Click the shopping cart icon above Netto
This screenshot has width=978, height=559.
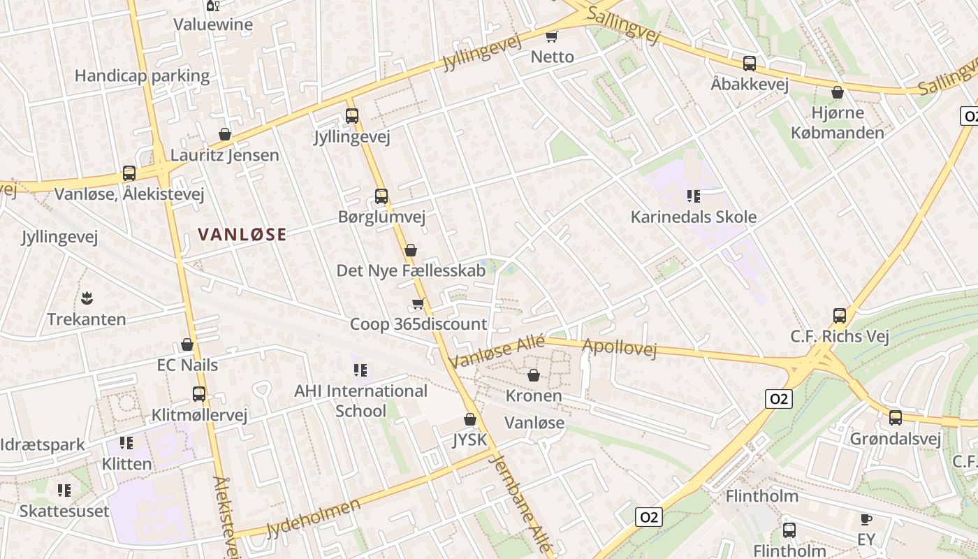pyautogui.click(x=552, y=36)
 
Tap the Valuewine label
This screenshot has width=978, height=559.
pyautogui.click(x=213, y=24)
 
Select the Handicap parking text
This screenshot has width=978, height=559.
pyautogui.click(x=142, y=75)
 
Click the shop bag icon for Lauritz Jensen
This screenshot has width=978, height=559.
pyautogui.click(x=225, y=134)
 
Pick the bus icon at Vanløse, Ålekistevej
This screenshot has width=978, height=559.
pyautogui.click(x=129, y=173)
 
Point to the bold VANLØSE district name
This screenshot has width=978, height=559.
pyautogui.click(x=242, y=235)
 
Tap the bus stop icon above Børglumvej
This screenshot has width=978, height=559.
pyautogui.click(x=381, y=196)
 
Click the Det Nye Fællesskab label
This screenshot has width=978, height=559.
pyautogui.click(x=411, y=270)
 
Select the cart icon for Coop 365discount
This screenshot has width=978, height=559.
pyautogui.click(x=418, y=304)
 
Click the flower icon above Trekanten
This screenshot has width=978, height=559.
pyautogui.click(x=87, y=298)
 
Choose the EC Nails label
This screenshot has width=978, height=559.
pyautogui.click(x=187, y=365)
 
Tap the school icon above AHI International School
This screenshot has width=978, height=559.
pyautogui.click(x=360, y=370)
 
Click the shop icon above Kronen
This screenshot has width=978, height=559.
pyautogui.click(x=534, y=376)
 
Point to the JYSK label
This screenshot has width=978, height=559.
pyautogui.click(x=469, y=440)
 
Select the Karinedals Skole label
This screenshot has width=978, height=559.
pyautogui.click(x=693, y=217)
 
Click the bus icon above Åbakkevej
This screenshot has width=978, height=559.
pyautogui.click(x=750, y=64)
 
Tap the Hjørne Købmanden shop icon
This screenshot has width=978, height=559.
pyautogui.click(x=838, y=92)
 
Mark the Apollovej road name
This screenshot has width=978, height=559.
pyautogui.click(x=619, y=348)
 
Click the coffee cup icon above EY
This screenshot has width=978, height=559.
pyautogui.click(x=866, y=519)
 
